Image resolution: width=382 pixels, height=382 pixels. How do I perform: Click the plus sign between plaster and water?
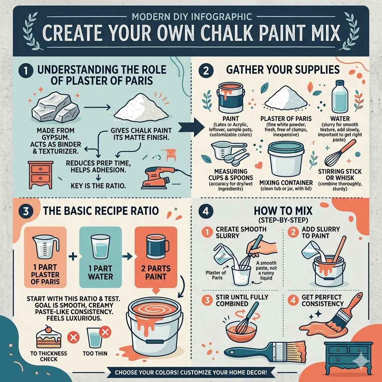[x=73, y=256]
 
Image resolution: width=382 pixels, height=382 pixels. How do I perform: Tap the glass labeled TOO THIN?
[x=94, y=338]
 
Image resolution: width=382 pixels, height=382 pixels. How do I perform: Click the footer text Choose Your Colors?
[x=191, y=372]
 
